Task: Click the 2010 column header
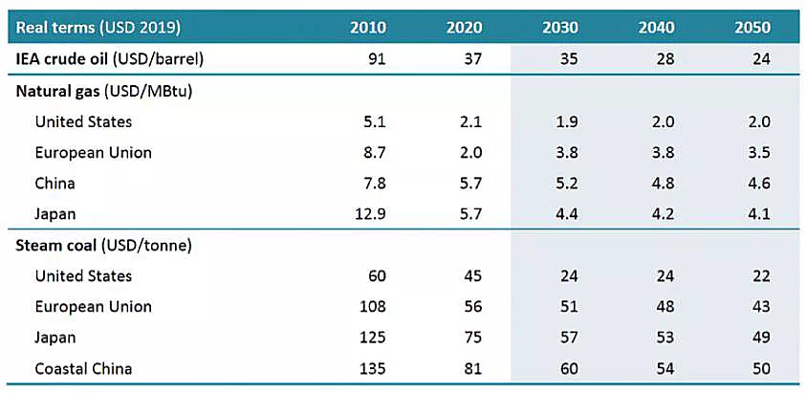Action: (368, 28)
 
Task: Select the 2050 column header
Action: (752, 28)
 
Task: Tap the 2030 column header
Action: (560, 28)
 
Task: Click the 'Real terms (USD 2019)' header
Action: (98, 28)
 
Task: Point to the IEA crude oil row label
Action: (110, 59)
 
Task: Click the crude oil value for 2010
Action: (377, 59)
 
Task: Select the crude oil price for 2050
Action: (761, 59)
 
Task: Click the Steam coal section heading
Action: (104, 246)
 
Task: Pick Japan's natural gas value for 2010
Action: (369, 213)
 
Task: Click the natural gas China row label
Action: (55, 184)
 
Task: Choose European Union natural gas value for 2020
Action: (471, 152)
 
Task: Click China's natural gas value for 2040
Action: (664, 184)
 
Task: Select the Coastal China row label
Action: (83, 369)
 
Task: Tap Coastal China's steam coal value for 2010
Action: (373, 369)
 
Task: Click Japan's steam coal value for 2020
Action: (472, 338)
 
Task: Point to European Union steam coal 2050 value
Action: (761, 307)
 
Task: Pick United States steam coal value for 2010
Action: (377, 276)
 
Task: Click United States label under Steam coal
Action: (83, 276)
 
